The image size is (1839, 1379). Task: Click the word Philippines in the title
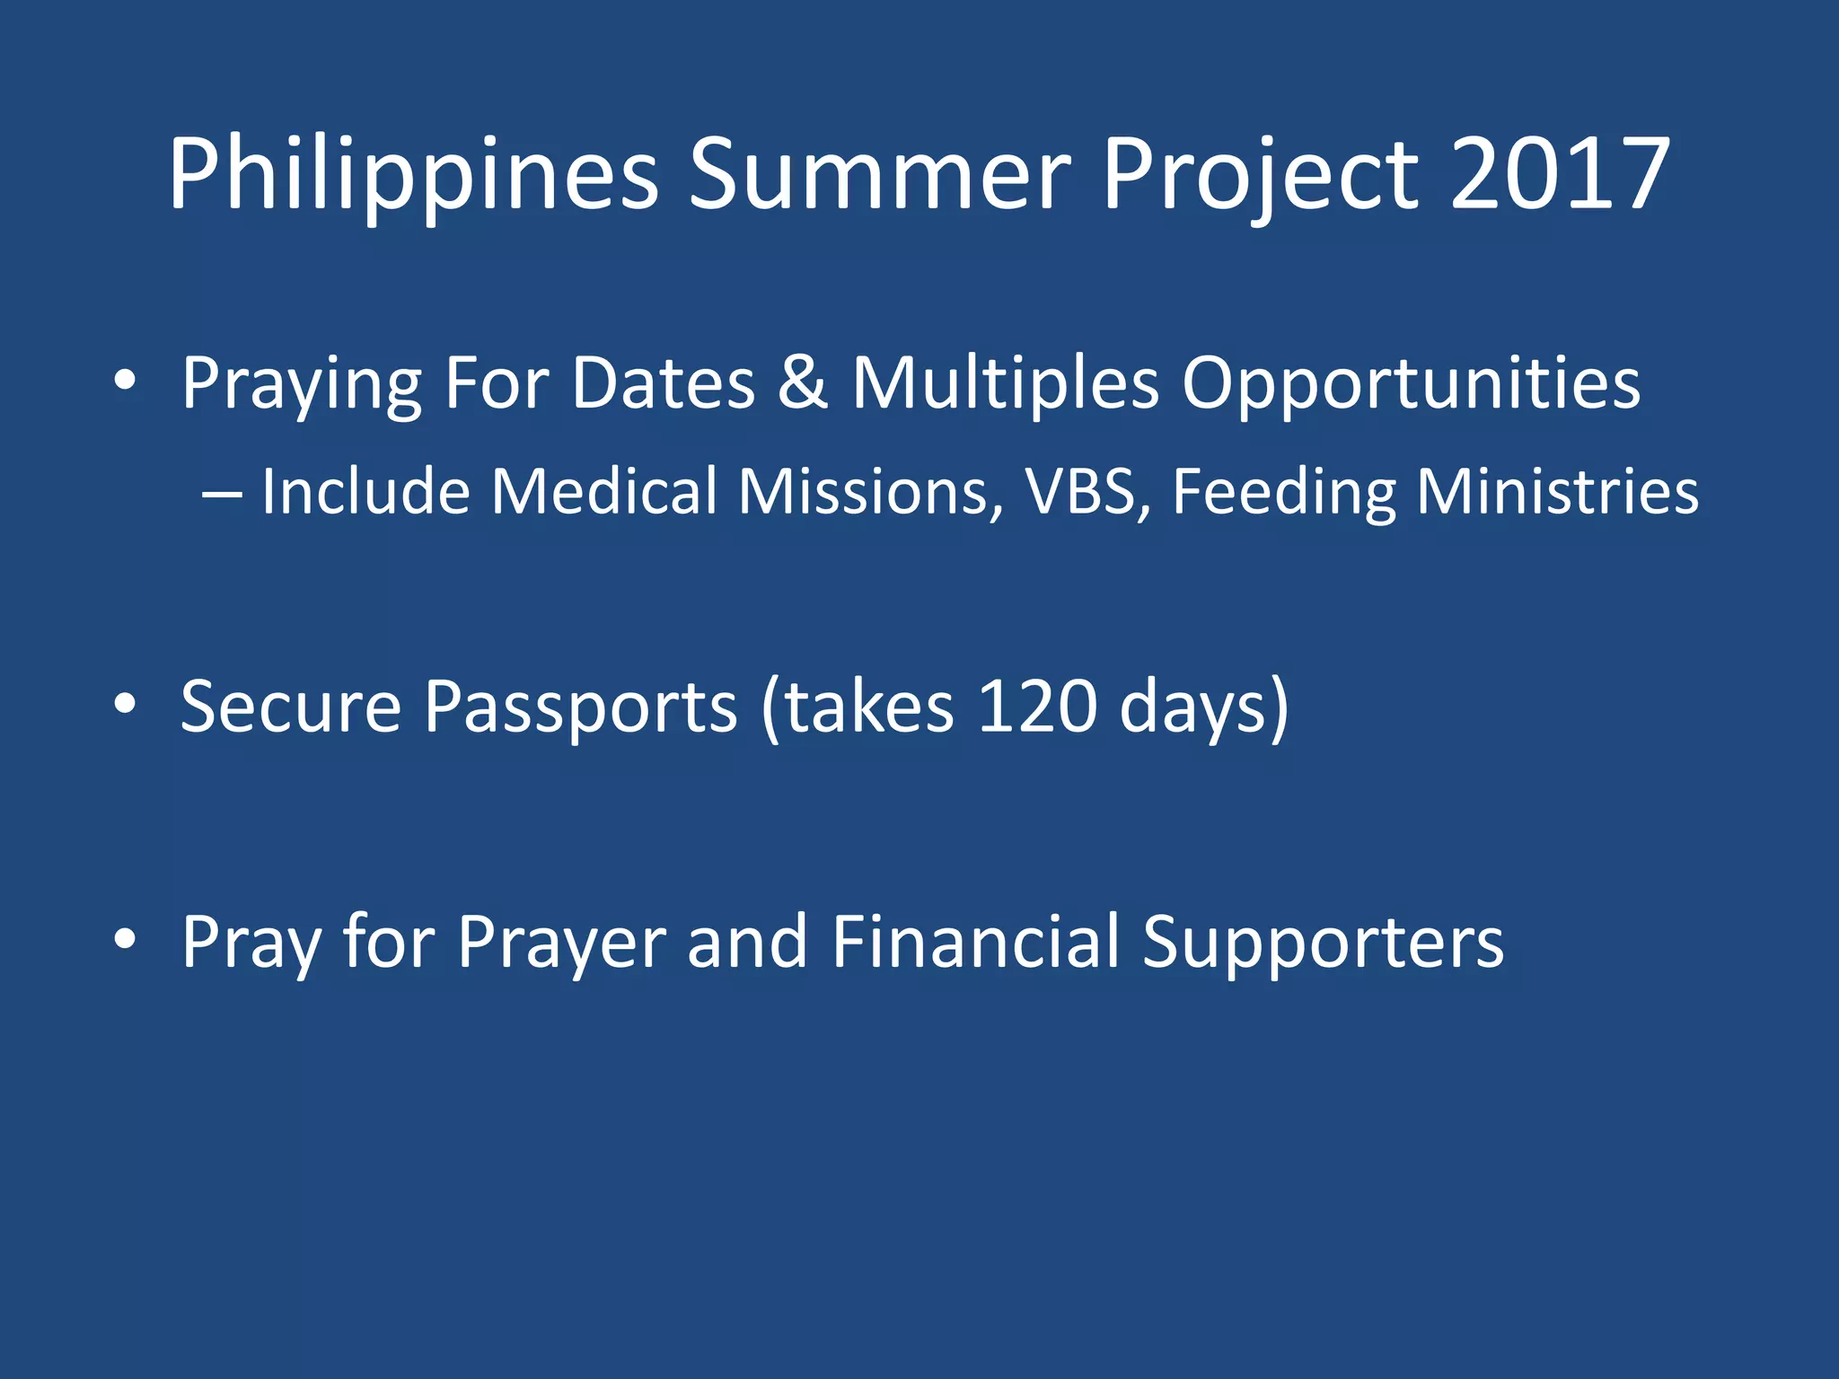413,175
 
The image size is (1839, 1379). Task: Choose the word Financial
975,942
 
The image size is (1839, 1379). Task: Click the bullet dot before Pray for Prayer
125,939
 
